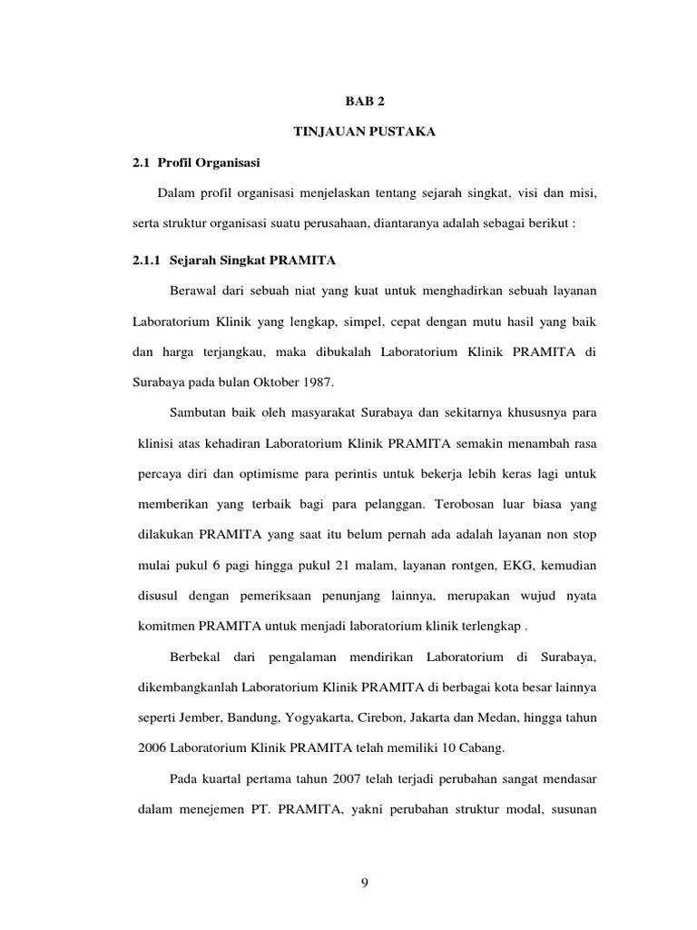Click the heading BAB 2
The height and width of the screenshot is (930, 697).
click(x=364, y=103)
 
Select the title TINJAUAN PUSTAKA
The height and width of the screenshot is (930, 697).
click(x=364, y=133)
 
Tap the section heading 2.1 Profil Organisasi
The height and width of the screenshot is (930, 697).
click(x=196, y=163)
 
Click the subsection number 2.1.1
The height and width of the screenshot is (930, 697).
click(x=147, y=261)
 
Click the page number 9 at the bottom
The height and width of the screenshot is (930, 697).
click(x=364, y=880)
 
